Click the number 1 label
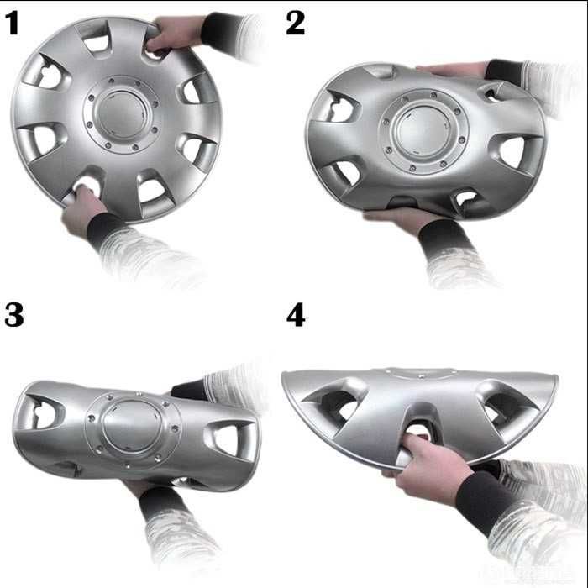[12, 23]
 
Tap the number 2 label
[295, 23]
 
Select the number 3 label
[13, 315]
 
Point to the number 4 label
[295, 315]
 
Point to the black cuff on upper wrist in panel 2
[505, 71]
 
